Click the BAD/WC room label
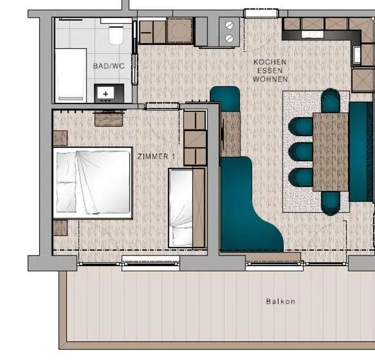coord(109,66)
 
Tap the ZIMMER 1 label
coord(156,157)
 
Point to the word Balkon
coord(280,301)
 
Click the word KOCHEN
coord(270,62)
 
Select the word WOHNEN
coord(270,79)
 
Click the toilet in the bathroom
coord(116,35)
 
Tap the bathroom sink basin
coord(105,93)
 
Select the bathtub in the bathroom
coord(71,76)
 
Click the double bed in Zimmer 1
coord(93,183)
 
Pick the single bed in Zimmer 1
coord(187,208)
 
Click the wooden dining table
coord(330,152)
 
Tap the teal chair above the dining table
coord(331,100)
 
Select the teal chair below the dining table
coord(331,203)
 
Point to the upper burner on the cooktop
coord(229,25)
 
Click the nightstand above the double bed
coord(60,138)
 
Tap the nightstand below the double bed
coord(60,228)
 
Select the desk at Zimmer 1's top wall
coord(109,119)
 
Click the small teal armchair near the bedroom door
coord(225,99)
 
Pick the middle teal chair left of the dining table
coord(301,152)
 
